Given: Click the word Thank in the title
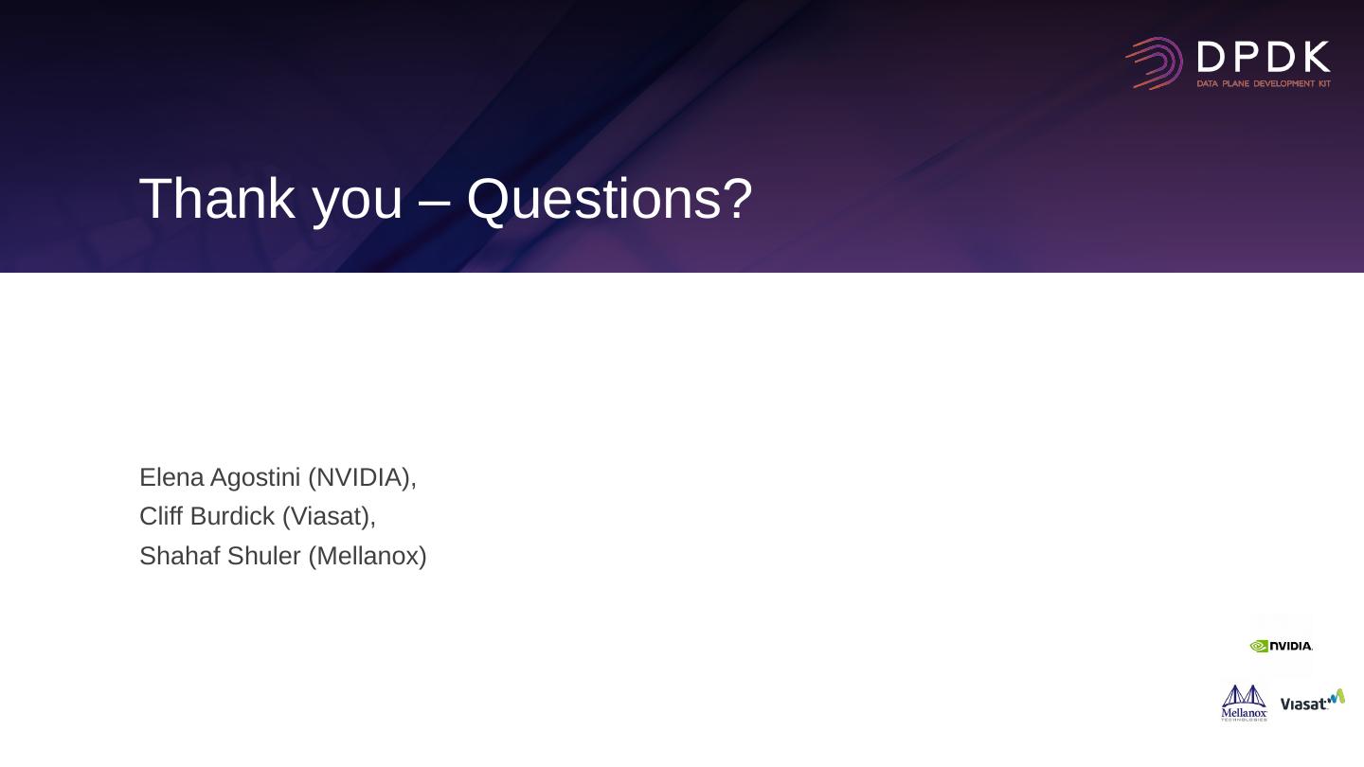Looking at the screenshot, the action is click(x=218, y=199).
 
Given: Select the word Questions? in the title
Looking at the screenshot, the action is click(x=610, y=200).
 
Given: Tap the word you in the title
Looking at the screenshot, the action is click(x=357, y=205).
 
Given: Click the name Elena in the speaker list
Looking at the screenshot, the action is click(x=171, y=477).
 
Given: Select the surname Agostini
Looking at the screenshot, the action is click(x=255, y=478).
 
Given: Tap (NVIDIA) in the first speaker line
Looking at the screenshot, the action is click(x=362, y=478).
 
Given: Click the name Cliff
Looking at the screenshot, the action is click(x=161, y=516).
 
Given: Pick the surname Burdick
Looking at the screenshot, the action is click(x=233, y=516).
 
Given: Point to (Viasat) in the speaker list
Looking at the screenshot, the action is click(x=330, y=517).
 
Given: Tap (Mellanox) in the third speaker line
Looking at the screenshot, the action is click(x=368, y=557).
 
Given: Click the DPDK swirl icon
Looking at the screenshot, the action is click(x=1155, y=63).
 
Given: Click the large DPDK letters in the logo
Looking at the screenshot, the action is click(x=1264, y=57).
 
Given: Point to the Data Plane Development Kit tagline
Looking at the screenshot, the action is click(x=1264, y=83).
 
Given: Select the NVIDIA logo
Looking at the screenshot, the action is click(x=1282, y=646).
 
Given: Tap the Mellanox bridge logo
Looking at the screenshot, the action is click(x=1244, y=703).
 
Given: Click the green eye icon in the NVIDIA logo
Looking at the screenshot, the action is click(x=1259, y=646).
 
